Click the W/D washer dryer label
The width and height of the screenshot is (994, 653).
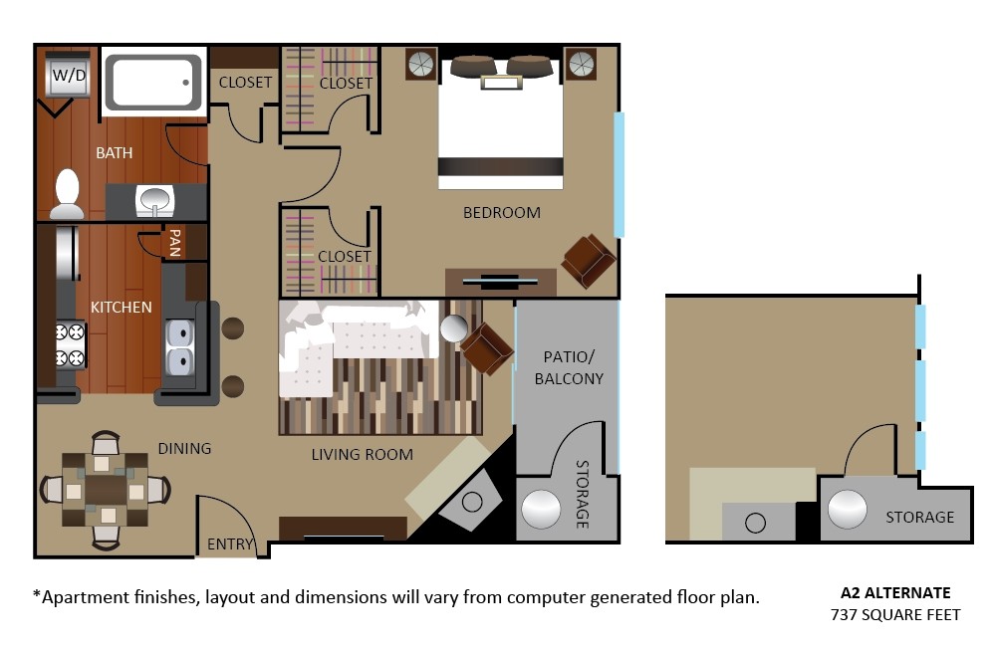[x=67, y=75]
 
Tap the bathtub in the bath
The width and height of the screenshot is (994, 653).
[x=152, y=82]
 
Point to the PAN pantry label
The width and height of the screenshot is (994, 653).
[x=175, y=243]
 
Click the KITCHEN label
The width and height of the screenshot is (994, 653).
[x=121, y=307]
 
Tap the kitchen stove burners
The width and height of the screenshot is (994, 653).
[x=71, y=345]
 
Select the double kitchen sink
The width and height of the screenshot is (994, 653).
[x=180, y=348]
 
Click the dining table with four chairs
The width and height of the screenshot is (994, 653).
[x=105, y=490]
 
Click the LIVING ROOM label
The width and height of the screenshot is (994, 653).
[x=362, y=455]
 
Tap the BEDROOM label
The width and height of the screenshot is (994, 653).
[x=501, y=212]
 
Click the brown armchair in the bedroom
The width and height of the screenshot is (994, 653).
[x=588, y=260]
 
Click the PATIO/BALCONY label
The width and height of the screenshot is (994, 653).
[x=569, y=367]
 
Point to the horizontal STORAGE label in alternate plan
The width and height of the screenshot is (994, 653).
[x=919, y=517]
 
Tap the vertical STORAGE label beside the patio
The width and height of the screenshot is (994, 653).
[x=583, y=494]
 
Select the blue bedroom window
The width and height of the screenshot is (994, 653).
[x=619, y=174]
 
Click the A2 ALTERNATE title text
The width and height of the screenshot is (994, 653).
[x=895, y=592]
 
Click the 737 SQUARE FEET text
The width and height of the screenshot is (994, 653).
[x=895, y=614]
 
